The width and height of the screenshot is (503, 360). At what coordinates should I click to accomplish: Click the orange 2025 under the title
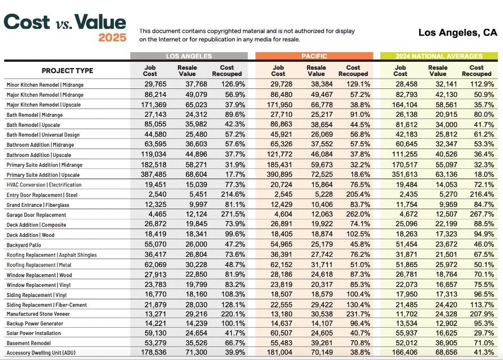pos(112,37)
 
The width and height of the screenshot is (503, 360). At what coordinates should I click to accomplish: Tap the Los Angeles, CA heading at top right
pos(458,32)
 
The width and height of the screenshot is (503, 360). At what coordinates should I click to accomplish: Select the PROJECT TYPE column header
pos(67,71)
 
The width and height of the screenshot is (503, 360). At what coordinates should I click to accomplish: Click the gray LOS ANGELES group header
pos(189,56)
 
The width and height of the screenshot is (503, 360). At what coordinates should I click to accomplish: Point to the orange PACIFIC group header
pos(314,56)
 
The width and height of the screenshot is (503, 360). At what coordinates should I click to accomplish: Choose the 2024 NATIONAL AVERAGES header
pos(439,56)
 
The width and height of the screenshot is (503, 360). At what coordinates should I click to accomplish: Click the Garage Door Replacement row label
pos(36,215)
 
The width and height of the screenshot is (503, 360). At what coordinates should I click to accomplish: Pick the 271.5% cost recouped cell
pos(233,214)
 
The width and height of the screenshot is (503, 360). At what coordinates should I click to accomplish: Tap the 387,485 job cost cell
pos(154,175)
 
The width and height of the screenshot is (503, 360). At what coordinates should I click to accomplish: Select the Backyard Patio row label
pos(24,245)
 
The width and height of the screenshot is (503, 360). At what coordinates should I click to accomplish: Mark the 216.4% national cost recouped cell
pos(482,194)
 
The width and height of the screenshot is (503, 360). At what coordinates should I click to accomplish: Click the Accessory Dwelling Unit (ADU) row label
pos(41,353)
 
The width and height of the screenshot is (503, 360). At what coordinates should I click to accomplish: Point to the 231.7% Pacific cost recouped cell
pos(358,314)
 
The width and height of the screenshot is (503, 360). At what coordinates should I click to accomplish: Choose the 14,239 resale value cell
pos(196,323)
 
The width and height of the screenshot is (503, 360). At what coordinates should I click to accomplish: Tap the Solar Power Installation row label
pos(33,333)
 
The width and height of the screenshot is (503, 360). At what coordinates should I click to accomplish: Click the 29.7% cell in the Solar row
pos(484,333)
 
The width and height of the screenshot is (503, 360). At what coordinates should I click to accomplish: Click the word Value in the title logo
pos(100,22)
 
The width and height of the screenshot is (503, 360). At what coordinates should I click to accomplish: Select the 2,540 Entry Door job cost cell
pos(157,194)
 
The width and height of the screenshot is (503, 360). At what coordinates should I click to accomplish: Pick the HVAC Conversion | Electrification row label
pos(44,185)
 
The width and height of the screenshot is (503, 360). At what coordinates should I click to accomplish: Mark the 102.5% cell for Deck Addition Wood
pos(358,234)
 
